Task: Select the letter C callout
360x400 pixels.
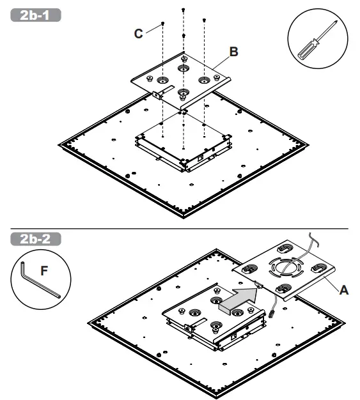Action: coord(138,34)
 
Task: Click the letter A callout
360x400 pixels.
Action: coord(343,289)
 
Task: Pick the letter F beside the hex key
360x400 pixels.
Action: coord(43,271)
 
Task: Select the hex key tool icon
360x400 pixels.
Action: coord(38,281)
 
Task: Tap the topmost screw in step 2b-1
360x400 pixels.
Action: coord(184,10)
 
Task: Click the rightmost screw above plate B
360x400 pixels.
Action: coord(204,20)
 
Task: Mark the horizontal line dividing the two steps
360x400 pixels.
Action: coord(179,228)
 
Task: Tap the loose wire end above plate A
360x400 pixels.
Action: coord(311,233)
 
